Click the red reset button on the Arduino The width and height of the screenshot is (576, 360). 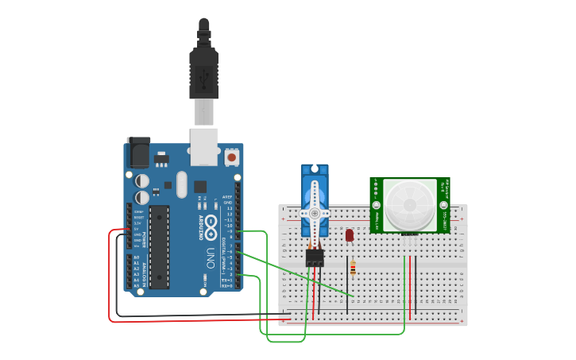coord(232,157)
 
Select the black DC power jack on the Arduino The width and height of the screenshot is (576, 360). coord(137,152)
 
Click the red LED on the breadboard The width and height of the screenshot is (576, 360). coord(350,234)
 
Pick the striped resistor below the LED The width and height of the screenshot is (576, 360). coord(353,269)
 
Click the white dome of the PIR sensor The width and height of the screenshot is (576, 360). coord(410,205)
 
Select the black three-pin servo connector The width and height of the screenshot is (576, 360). coord(315,257)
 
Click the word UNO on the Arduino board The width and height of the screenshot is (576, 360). coord(211,258)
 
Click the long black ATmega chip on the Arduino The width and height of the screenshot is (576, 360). coord(160,246)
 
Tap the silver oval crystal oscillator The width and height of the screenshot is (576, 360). coord(181,185)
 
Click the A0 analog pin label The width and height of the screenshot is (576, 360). coord(136,257)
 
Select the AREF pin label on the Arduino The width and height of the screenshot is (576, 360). coord(227,196)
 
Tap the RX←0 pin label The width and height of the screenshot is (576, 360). coord(226,285)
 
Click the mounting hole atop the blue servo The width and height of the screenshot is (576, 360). coord(315,168)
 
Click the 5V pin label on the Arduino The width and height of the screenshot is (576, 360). coord(137,229)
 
